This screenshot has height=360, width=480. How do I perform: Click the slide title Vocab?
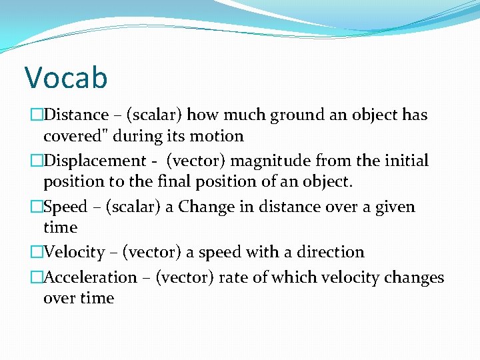pyautogui.click(x=65, y=77)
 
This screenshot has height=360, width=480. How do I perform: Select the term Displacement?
pyautogui.click(x=94, y=161)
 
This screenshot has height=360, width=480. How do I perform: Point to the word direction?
pyautogui.click(x=327, y=253)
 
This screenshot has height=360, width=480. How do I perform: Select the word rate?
pyautogui.click(x=231, y=277)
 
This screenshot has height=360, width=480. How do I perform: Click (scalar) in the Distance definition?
pyautogui.click(x=154, y=115)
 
